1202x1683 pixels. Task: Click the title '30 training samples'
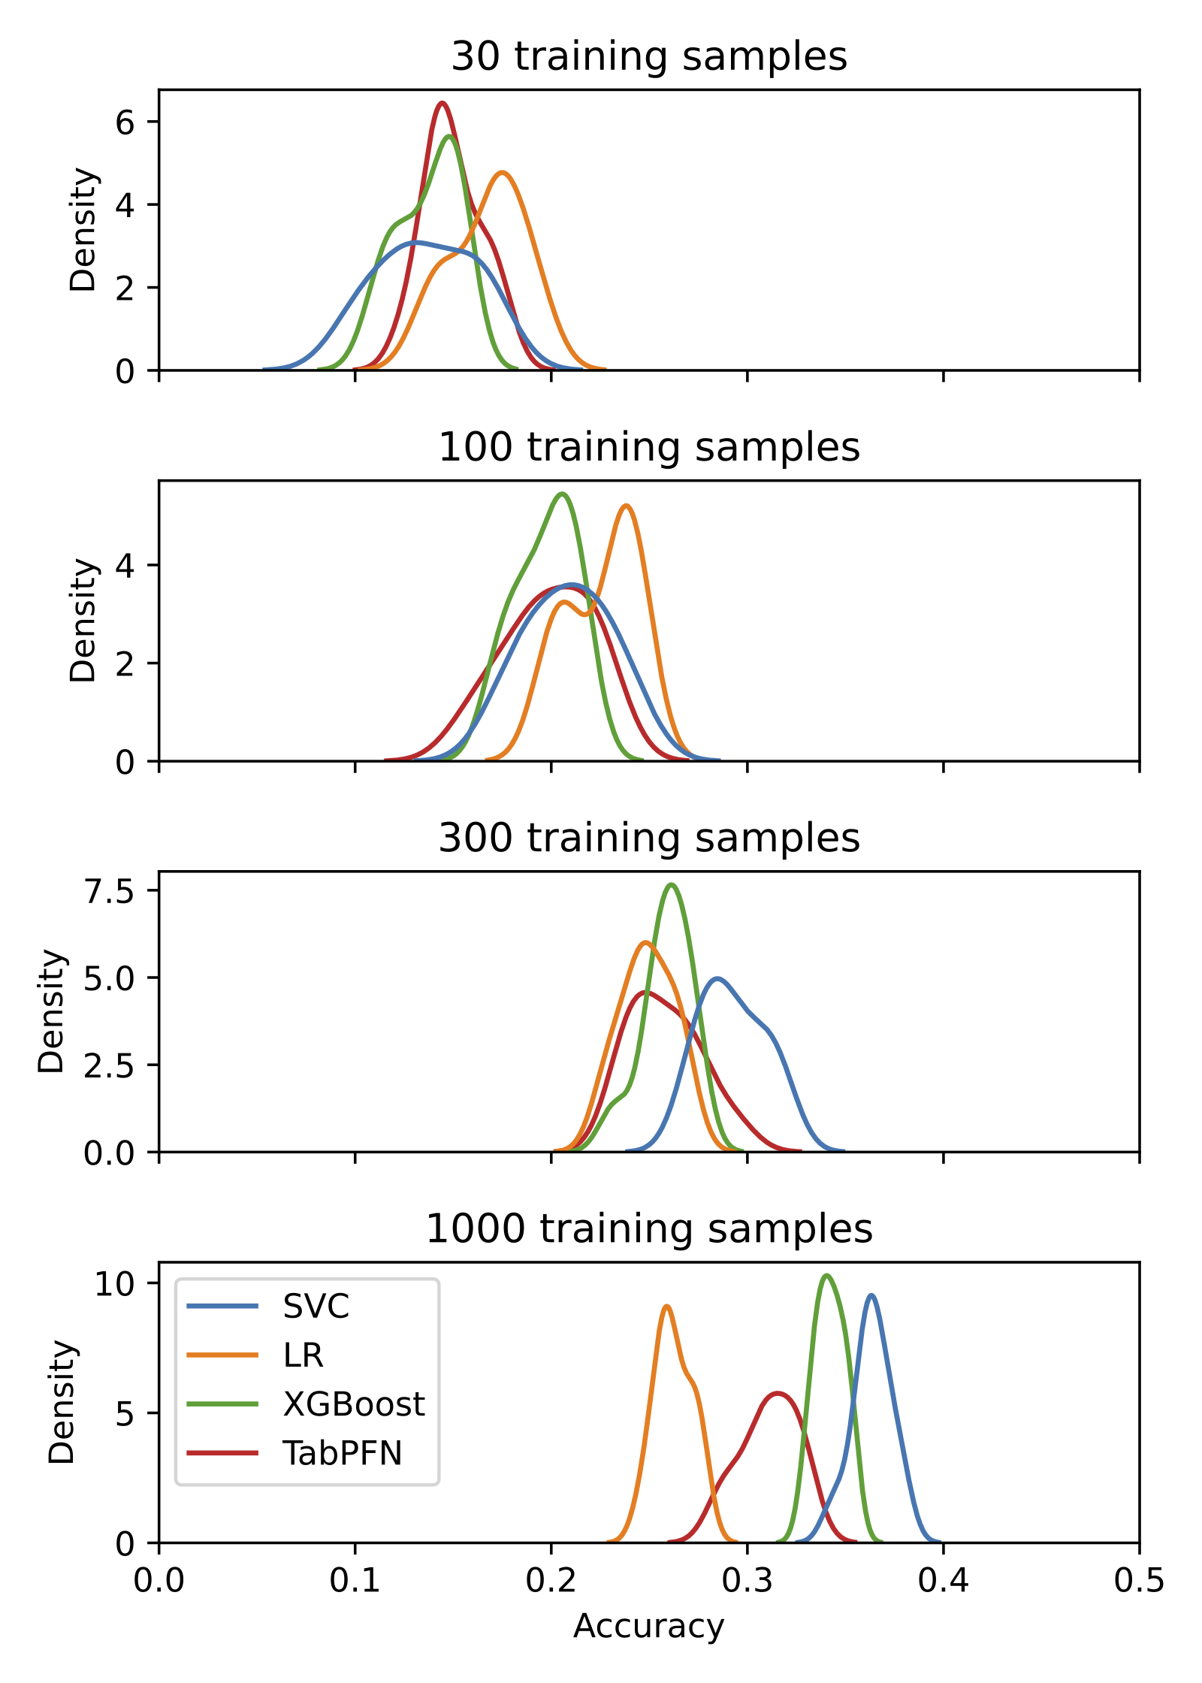click(x=649, y=56)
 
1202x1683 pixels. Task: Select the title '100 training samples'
click(x=649, y=447)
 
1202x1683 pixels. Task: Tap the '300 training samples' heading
click(x=649, y=838)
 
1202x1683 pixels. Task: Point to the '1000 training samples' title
click(x=649, y=1228)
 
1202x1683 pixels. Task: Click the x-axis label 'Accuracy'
click(x=649, y=1626)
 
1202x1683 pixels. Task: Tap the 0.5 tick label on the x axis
click(x=1139, y=1581)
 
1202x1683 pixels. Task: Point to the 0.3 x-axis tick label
click(x=747, y=1581)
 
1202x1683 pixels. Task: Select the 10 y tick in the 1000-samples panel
click(x=113, y=1284)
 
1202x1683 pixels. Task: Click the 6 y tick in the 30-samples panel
click(x=125, y=122)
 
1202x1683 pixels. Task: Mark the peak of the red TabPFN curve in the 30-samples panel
click(x=442, y=103)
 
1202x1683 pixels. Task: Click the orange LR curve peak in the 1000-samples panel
click(x=666, y=1307)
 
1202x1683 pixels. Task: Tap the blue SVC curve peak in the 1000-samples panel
click(x=871, y=1295)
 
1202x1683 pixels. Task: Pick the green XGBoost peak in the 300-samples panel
click(x=672, y=885)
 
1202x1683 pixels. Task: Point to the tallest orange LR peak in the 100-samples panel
click(x=627, y=506)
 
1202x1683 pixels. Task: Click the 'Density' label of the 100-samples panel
click(x=83, y=620)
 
